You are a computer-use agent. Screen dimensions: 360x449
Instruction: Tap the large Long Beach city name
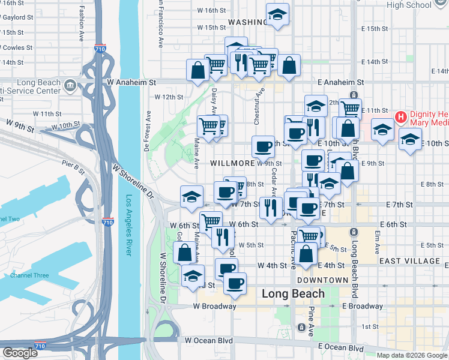pos(294,294)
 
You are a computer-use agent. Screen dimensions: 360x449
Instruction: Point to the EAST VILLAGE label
pos(409,261)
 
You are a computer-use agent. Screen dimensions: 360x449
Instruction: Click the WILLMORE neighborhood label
pos(233,163)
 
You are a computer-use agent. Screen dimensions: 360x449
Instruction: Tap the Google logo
pos(20,353)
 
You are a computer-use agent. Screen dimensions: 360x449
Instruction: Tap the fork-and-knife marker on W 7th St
pos(271,208)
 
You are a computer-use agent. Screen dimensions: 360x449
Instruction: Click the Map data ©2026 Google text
pos(412,355)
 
